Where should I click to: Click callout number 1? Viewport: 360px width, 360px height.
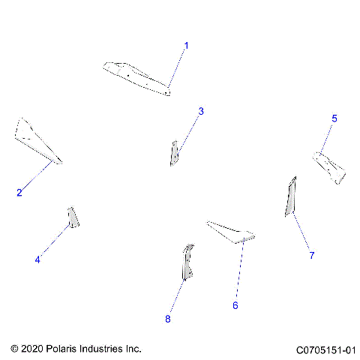pyautogui.click(x=187, y=46)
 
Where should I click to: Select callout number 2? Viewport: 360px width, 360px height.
pyautogui.click(x=19, y=193)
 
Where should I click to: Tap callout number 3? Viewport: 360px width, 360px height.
pyautogui.click(x=201, y=112)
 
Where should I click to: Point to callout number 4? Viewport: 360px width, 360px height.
pyautogui.click(x=37, y=259)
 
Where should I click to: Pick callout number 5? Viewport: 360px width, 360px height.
pyautogui.click(x=334, y=118)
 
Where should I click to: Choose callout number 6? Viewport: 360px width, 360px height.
pyautogui.click(x=235, y=305)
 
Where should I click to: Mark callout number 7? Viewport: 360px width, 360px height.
pyautogui.click(x=312, y=255)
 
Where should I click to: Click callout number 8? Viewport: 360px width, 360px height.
pyautogui.click(x=168, y=319)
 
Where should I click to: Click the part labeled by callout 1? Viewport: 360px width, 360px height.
pyautogui.click(x=135, y=77)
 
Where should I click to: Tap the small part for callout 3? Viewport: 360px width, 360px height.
pyautogui.click(x=174, y=153)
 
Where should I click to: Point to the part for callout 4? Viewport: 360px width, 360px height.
pyautogui.click(x=73, y=217)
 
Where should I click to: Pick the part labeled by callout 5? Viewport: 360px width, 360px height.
pyautogui.click(x=330, y=166)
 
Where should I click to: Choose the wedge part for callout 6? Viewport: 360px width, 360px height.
pyautogui.click(x=231, y=232)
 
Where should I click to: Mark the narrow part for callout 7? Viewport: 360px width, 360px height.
pyautogui.click(x=290, y=196)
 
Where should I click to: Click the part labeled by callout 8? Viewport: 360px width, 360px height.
pyautogui.click(x=186, y=262)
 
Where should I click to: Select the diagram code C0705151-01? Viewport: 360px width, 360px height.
pyautogui.click(x=325, y=349)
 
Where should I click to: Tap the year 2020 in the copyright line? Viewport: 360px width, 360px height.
pyautogui.click(x=33, y=349)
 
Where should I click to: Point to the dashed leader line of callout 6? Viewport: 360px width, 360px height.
pyautogui.click(x=238, y=270)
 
